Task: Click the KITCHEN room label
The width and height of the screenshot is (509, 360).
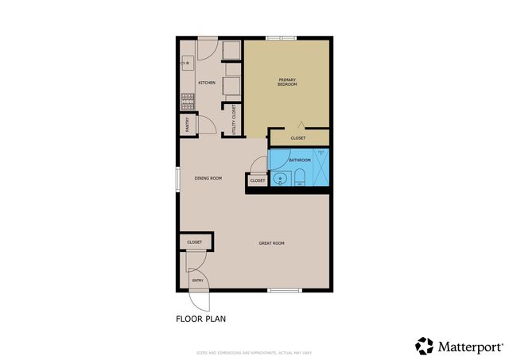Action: tap(207, 83)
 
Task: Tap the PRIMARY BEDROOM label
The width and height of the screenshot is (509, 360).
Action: tap(287, 81)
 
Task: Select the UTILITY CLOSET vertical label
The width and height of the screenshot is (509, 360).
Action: tap(234, 119)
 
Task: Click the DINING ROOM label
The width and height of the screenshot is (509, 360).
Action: tap(208, 178)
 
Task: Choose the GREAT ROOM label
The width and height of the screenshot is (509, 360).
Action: tap(271, 243)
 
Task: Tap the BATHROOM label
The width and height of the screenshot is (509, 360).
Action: tap(299, 160)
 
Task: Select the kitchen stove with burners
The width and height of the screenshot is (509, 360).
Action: tap(188, 101)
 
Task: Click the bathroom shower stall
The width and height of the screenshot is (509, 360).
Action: tap(321, 165)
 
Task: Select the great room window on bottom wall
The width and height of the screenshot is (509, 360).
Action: tap(285, 290)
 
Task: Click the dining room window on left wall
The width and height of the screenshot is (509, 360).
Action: tap(177, 177)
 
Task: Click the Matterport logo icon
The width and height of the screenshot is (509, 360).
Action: tap(425, 346)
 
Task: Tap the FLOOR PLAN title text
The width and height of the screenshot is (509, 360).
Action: tap(200, 319)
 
